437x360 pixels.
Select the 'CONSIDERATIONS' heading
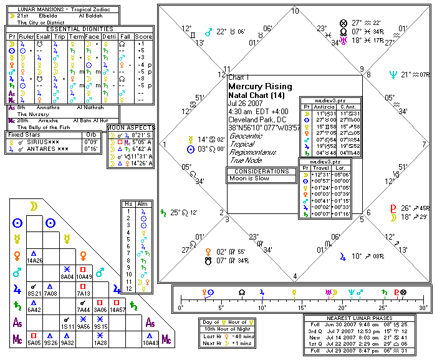point(261,170)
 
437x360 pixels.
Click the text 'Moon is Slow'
point(250,178)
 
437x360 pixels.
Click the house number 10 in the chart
point(295,11)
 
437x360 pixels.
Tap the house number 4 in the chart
point(295,276)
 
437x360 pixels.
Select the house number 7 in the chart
point(423,144)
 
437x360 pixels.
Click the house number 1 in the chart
point(165,144)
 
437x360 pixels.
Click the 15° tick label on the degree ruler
point(302,308)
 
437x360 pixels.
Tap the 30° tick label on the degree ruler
point(424,308)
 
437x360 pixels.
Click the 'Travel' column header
point(322,168)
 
